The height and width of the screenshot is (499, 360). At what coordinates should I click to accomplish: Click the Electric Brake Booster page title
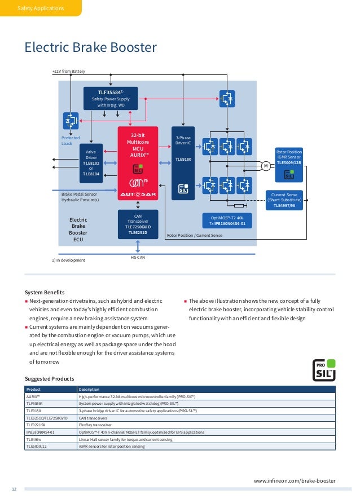click(x=90, y=48)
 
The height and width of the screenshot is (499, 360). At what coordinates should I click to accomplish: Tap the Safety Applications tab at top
click(x=41, y=8)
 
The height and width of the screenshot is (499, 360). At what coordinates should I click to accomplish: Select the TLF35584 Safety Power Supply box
click(x=114, y=98)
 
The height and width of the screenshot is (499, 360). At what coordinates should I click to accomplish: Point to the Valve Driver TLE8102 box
click(x=91, y=163)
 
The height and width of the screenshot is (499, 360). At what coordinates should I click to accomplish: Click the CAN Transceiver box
click(x=137, y=224)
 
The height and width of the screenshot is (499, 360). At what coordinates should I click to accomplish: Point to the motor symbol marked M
click(x=265, y=165)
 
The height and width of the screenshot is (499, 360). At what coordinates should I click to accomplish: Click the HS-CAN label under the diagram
click(x=138, y=257)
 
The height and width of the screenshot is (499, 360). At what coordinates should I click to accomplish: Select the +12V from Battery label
click(x=68, y=72)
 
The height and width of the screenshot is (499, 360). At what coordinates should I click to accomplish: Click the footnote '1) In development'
click(x=68, y=260)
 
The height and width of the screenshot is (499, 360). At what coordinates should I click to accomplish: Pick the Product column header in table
click(x=33, y=389)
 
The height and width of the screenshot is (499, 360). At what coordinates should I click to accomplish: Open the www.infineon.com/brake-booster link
click(x=294, y=480)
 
